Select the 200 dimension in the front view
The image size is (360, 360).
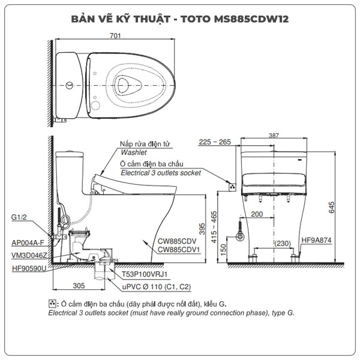pyautogui.click(x=257, y=214)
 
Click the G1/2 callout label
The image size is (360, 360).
pyautogui.click(x=19, y=217)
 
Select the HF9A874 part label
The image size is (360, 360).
pyautogui.click(x=317, y=239)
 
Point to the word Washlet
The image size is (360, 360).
pyautogui.click(x=133, y=153)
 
